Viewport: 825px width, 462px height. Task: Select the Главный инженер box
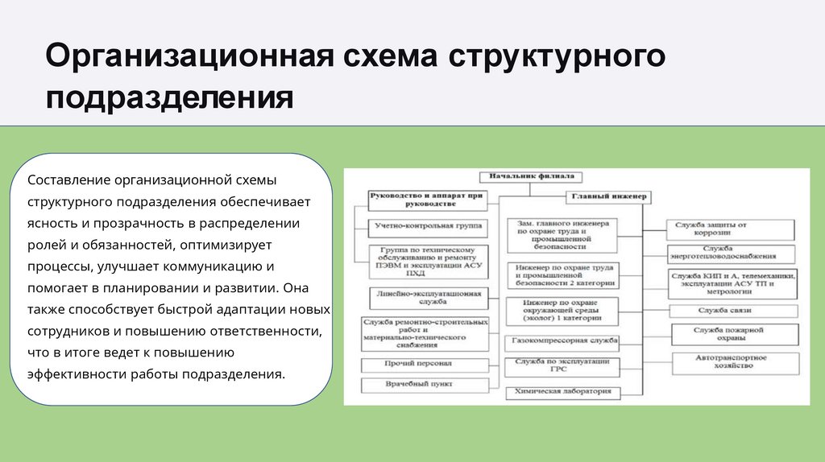coord(609,196)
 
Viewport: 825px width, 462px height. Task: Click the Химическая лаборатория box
coord(563,393)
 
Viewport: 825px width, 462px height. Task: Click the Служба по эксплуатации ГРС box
coord(563,367)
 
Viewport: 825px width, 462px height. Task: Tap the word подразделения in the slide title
coord(169,99)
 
